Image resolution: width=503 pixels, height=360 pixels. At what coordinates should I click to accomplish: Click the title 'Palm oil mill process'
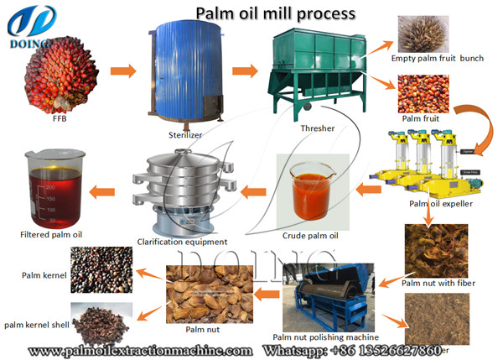coord(275,13)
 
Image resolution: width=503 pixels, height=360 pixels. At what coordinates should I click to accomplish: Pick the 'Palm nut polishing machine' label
coord(318,336)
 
